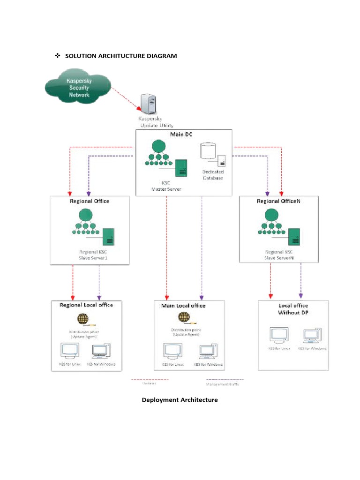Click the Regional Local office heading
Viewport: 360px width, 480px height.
[x=86, y=305]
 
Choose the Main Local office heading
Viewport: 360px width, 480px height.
[x=183, y=306]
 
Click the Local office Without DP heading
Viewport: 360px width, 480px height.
[x=294, y=308]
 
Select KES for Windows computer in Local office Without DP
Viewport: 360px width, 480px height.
[x=312, y=336]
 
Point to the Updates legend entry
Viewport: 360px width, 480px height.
[x=150, y=381]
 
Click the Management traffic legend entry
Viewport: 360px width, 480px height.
[x=225, y=382]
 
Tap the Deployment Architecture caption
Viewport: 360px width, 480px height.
[x=180, y=400]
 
